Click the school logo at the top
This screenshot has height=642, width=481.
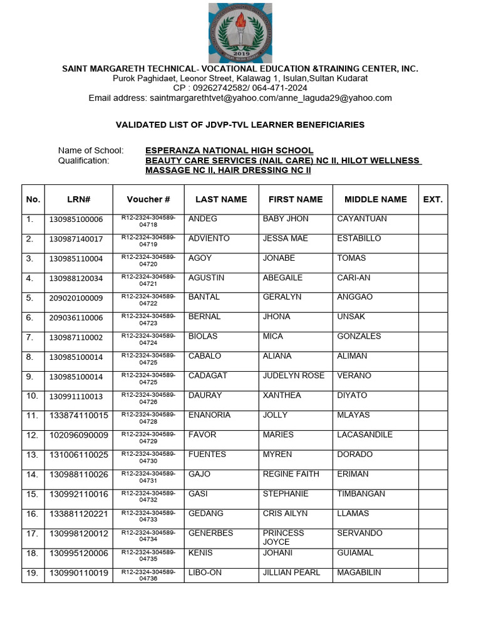pos(240,31)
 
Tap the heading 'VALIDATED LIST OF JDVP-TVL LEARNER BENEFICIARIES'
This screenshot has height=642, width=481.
pos(240,125)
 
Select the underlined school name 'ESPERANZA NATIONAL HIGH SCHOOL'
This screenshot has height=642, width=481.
pos(229,150)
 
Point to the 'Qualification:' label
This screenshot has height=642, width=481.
pos(83,160)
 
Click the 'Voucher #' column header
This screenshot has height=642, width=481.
pos(148,199)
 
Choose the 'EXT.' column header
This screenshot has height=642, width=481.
pos(433,199)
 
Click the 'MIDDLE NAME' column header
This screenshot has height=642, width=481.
pos(375,199)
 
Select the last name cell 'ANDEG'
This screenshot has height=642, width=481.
pos(203,219)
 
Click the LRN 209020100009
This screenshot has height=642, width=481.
pos(76,298)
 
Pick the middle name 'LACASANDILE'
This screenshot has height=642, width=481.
pos(365,434)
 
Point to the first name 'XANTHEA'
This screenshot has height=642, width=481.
pos(282,396)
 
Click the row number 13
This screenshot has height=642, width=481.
pos(32,455)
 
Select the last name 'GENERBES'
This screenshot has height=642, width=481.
pos(210,533)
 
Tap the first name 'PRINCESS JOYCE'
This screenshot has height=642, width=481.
pos(284,537)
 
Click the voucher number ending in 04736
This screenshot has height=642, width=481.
pos(148,575)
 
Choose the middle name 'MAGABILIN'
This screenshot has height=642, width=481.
pos(359,572)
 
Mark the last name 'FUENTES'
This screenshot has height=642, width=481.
pos(207,455)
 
